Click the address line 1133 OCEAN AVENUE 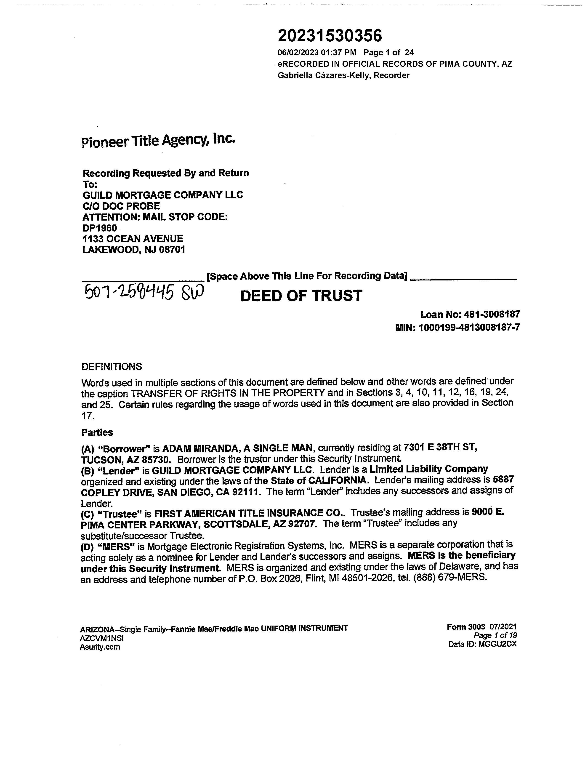133,239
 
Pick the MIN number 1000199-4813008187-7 469,328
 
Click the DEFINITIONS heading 111,366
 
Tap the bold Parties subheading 97,433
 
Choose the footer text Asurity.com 100,647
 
